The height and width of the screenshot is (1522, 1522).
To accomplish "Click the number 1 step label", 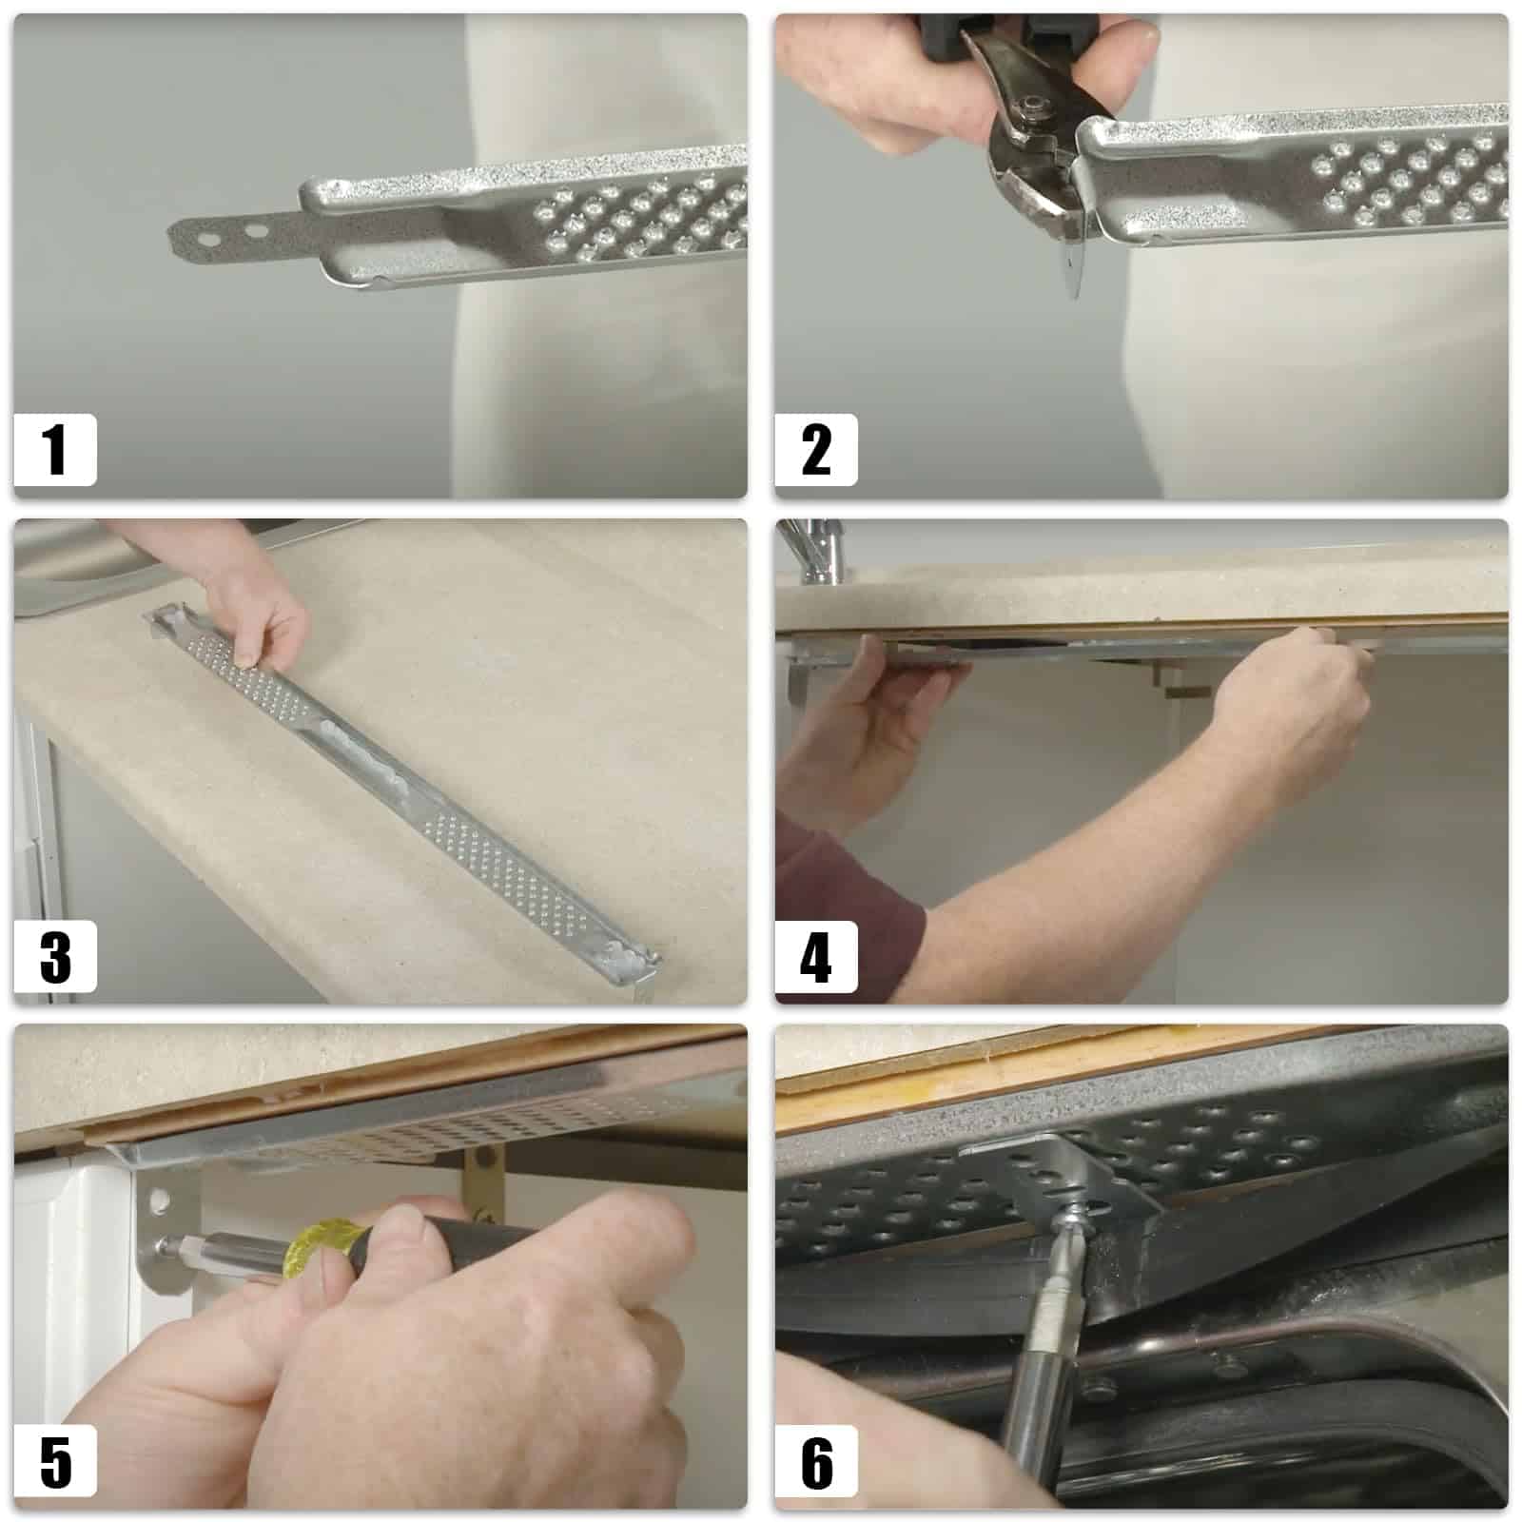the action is (x=55, y=450).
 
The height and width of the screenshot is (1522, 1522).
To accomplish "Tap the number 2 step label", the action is (x=816, y=450).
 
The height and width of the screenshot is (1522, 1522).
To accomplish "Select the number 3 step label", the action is (x=55, y=956).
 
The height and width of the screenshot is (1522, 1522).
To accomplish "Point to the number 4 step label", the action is (x=816, y=956).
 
